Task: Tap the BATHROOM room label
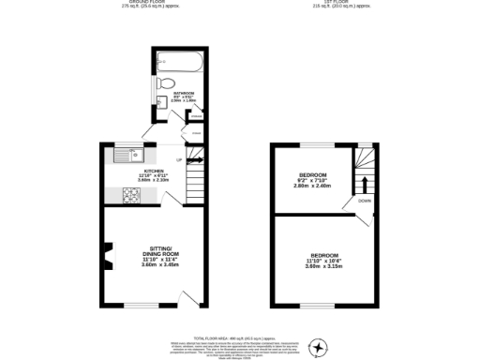pos(184,94)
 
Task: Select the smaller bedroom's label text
pos(312,175)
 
